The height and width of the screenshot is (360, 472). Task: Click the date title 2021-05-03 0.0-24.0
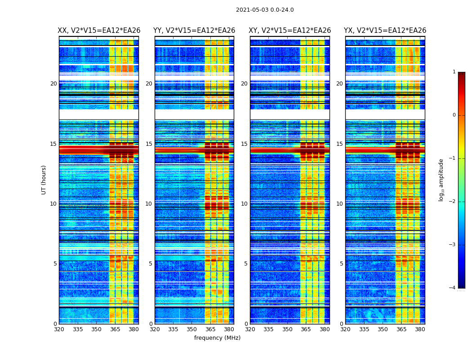(x=265, y=10)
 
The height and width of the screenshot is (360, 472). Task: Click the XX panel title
(x=99, y=31)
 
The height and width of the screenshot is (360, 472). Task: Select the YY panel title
(x=194, y=31)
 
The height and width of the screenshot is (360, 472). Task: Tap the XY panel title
(x=290, y=31)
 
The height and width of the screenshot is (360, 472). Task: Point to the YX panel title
(x=385, y=31)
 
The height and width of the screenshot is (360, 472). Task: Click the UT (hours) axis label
(x=44, y=180)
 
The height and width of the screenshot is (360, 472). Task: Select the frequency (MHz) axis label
(x=217, y=338)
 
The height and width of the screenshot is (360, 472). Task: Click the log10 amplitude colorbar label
(x=441, y=180)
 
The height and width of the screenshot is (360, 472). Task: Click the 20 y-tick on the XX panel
(x=53, y=84)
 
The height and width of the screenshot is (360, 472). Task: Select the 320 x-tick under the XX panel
(x=59, y=329)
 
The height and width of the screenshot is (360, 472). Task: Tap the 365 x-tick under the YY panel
(x=210, y=329)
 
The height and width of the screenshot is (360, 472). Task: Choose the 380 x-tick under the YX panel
(x=420, y=329)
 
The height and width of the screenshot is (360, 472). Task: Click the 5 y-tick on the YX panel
(x=341, y=264)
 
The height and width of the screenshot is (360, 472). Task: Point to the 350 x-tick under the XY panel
(x=287, y=329)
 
